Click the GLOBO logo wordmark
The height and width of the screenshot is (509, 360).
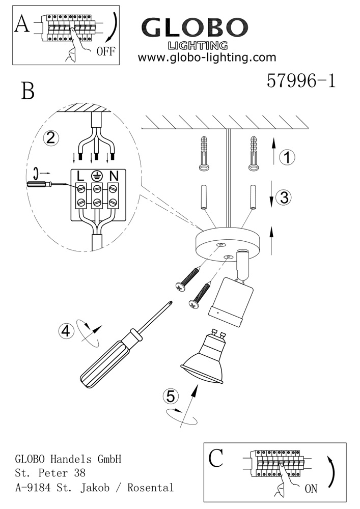(x=195, y=27)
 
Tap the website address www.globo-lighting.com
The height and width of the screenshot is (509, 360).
(x=207, y=58)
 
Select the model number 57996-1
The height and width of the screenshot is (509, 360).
(x=301, y=80)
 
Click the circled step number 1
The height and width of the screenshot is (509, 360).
(x=287, y=157)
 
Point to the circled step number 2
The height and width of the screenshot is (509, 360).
(x=51, y=137)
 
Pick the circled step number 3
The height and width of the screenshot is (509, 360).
(x=284, y=197)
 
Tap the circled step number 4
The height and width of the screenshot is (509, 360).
(x=66, y=331)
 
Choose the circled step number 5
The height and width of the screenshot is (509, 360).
(x=171, y=397)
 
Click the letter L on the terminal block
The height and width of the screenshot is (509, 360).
(x=80, y=176)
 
